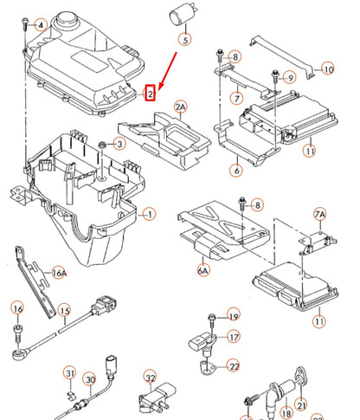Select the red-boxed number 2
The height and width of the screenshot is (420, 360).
pyautogui.click(x=150, y=92)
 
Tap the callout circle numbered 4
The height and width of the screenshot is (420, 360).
pyautogui.click(x=40, y=25)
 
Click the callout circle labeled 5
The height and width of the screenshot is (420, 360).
pyautogui.click(x=183, y=39)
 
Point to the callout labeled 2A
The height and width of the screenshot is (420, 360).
pyautogui.click(x=181, y=107)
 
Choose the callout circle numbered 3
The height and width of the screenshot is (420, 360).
pyautogui.click(x=120, y=143)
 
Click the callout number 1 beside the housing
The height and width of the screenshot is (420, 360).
pyautogui.click(x=149, y=213)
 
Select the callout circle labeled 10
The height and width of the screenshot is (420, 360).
pyautogui.click(x=326, y=68)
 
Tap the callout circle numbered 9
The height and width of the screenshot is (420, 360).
pyautogui.click(x=289, y=78)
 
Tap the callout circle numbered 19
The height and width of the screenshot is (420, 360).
pyautogui.click(x=233, y=315)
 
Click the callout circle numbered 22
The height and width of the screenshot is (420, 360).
pyautogui.click(x=234, y=367)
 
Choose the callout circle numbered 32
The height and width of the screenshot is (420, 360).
pyautogui.click(x=150, y=378)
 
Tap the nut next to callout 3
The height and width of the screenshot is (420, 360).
pyautogui.click(x=102, y=142)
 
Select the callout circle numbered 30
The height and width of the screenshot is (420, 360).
pyautogui.click(x=89, y=378)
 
